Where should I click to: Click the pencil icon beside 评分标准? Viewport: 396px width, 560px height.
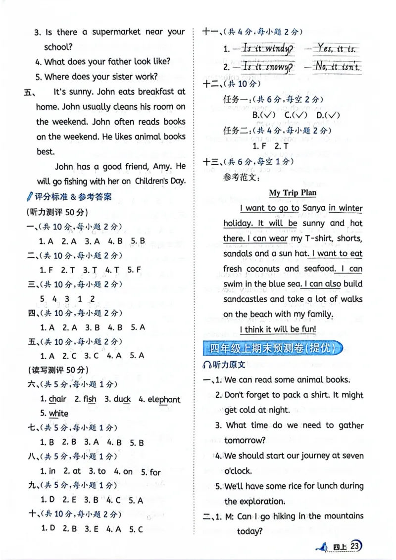(30, 196)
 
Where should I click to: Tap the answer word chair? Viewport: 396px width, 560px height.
(57, 399)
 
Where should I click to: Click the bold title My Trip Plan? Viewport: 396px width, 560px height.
(293, 192)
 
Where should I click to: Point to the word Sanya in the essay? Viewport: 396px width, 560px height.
(313, 208)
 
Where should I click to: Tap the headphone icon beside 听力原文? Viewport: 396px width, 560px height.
(207, 365)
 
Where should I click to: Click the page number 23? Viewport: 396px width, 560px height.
(354, 546)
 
